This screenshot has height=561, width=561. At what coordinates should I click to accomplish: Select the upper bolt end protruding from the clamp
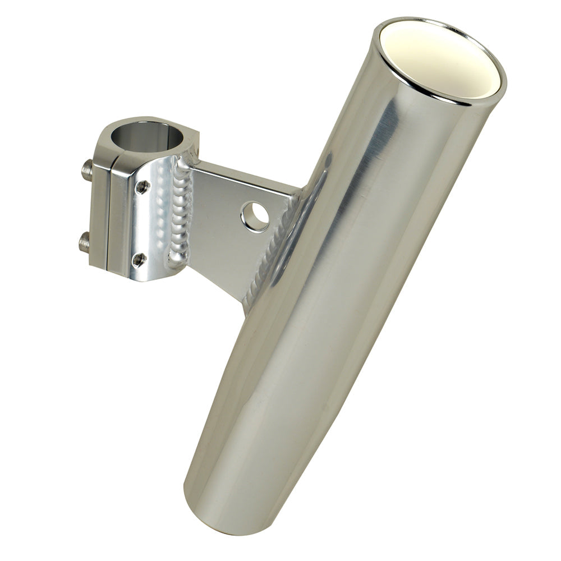(x=87, y=169)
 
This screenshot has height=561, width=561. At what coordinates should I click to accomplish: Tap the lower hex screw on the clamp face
(x=139, y=259)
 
